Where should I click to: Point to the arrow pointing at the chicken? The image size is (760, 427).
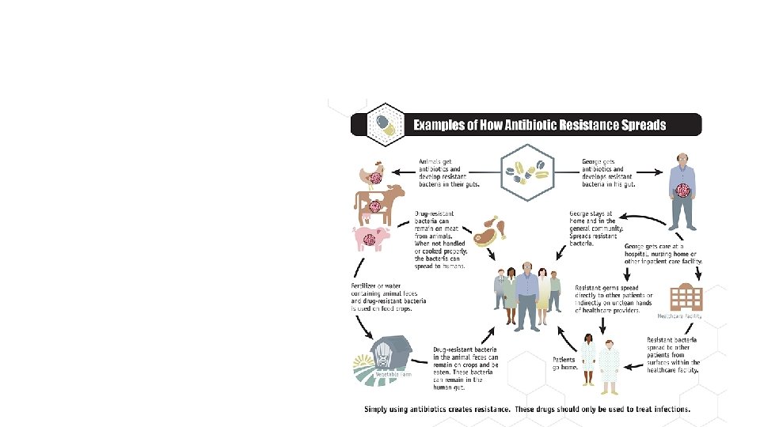coord(406,169)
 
